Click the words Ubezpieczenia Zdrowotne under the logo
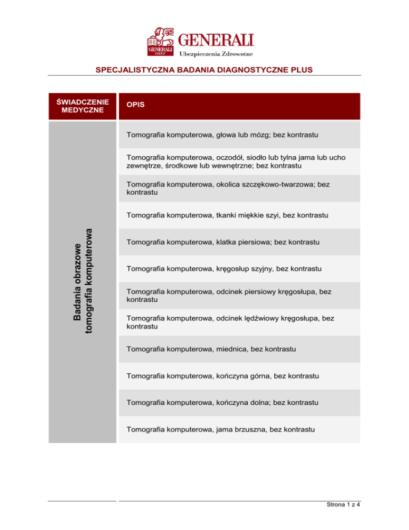point(217,53)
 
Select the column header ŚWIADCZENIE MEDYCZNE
point(82,105)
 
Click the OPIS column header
point(135,106)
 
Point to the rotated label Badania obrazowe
point(78,282)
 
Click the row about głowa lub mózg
point(222,135)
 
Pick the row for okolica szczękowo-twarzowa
point(228,188)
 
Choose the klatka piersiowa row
point(223,242)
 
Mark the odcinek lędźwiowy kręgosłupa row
point(230,322)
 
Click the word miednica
point(232,349)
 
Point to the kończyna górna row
point(223,376)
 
